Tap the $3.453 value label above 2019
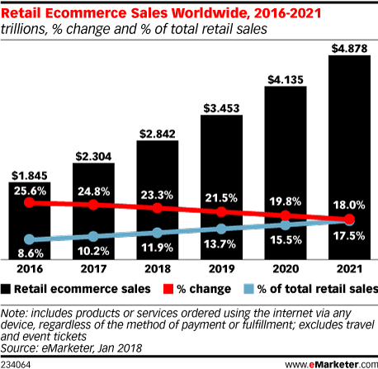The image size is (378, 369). pos(221,108)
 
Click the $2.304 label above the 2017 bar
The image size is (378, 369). pos(94,154)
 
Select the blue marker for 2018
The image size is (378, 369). pos(158,232)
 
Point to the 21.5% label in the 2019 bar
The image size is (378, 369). pos(221,199)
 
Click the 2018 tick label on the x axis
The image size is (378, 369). pos(158,270)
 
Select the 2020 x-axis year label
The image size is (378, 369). pos(285,270)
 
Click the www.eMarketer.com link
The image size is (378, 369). pos(330,362)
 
